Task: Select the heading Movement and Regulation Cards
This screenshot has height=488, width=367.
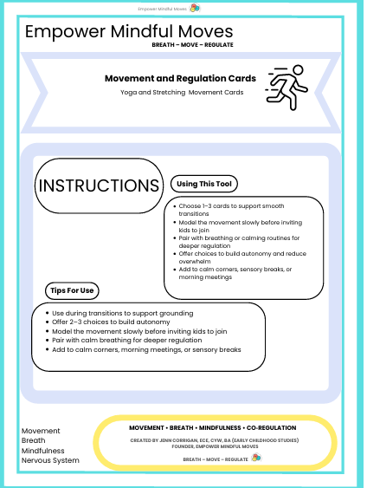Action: coord(180,78)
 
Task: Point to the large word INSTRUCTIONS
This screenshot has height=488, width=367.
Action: coord(100,185)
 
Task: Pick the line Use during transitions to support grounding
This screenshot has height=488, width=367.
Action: coord(122,312)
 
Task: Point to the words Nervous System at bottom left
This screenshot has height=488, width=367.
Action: coord(50,460)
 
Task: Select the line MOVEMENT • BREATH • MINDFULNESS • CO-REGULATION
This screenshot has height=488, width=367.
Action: coord(212,428)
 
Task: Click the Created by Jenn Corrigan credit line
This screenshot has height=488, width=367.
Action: coord(212,440)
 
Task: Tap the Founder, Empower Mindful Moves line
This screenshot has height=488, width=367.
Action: coord(212,447)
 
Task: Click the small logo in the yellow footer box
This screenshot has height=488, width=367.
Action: coord(255,457)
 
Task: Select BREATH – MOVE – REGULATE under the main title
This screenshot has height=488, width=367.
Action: coord(192,44)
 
